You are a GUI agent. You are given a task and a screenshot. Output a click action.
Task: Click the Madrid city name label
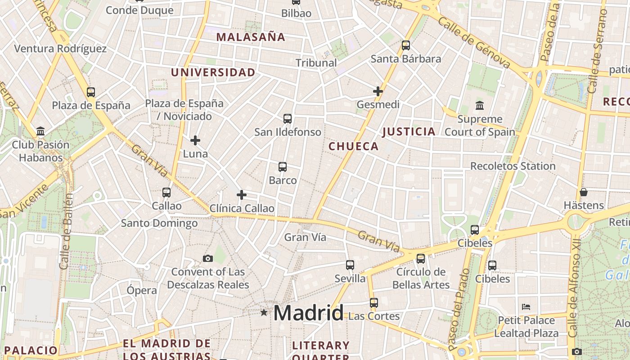tap(308, 313)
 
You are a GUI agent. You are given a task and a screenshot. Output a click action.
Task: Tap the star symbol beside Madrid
tap(264, 312)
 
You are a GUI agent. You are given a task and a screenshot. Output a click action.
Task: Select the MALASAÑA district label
tap(251, 37)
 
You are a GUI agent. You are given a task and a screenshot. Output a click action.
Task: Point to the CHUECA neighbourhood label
tap(353, 146)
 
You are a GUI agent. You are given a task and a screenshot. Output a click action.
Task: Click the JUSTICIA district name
tap(409, 131)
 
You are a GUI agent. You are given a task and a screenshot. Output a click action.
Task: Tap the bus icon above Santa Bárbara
tap(406, 45)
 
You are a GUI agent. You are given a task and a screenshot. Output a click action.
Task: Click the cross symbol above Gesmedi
tap(378, 91)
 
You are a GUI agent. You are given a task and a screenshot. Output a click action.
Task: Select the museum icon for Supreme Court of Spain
tap(480, 106)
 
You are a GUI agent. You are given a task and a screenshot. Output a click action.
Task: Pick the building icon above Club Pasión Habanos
tap(40, 131)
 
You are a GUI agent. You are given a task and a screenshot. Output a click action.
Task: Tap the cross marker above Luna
tap(195, 140)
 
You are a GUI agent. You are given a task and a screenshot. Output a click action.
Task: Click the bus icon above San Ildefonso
tap(288, 119)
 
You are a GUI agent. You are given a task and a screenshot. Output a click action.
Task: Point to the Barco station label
tap(283, 180)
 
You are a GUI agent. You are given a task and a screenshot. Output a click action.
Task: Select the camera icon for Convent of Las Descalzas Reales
tap(207, 258)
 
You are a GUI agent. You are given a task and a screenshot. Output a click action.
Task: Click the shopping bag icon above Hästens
tap(584, 192)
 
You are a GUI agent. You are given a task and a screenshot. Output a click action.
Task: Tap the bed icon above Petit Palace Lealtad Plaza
tap(526, 307)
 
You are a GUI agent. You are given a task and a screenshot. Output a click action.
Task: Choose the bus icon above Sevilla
tap(350, 265)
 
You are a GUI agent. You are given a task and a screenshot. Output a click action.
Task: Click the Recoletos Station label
tap(513, 166)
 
